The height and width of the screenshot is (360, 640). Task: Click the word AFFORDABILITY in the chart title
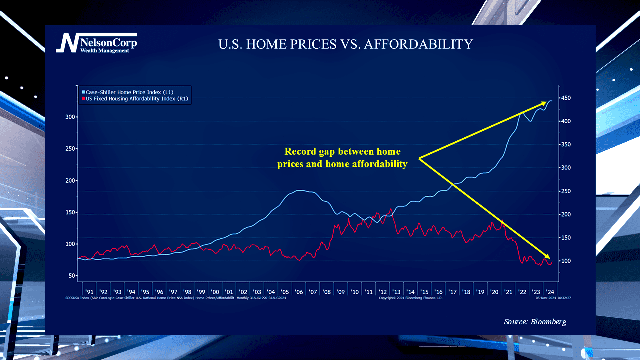[x=418, y=44]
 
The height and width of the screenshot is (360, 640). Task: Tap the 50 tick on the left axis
[x=72, y=276]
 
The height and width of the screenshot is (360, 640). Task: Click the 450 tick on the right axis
[x=566, y=98]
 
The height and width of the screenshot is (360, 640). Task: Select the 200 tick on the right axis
[x=566, y=214]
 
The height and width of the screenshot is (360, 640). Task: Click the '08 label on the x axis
[x=326, y=292]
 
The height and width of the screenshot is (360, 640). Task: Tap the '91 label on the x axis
[x=89, y=292]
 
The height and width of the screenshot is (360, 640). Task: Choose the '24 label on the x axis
[x=550, y=292]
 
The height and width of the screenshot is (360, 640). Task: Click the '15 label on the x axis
[x=424, y=292]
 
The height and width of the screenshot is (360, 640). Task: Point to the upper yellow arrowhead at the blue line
[x=544, y=104]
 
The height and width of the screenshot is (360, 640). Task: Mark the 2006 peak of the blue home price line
[x=299, y=190]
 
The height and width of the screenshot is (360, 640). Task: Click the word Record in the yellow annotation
[x=300, y=152]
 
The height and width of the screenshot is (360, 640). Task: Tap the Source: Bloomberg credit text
[x=535, y=322]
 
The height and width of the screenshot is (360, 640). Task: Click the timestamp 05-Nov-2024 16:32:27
[x=553, y=298]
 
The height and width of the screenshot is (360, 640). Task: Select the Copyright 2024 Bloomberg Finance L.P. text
[x=410, y=298]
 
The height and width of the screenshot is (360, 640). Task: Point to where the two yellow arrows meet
[x=419, y=158]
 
